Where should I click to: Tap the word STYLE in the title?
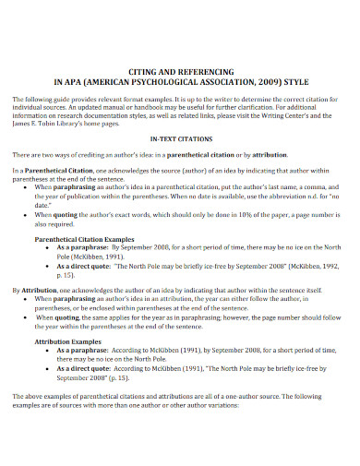(x=295, y=79)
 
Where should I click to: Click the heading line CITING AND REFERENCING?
(x=180, y=68)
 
